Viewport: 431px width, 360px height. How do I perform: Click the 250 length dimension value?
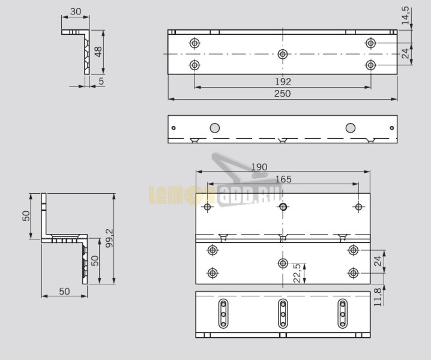282,94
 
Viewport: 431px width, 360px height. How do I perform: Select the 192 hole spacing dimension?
283,82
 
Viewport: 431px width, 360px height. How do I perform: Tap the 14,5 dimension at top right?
406,16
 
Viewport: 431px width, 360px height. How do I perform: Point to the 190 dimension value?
259,167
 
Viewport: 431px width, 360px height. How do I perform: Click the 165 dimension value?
283,179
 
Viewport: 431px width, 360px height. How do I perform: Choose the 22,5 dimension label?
297,273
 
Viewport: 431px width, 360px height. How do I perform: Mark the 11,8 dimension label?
378,297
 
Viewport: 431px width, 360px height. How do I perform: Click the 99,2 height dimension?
109,239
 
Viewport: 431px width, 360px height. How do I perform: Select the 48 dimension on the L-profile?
98,52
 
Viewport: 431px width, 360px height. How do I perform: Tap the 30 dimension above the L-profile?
76,11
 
